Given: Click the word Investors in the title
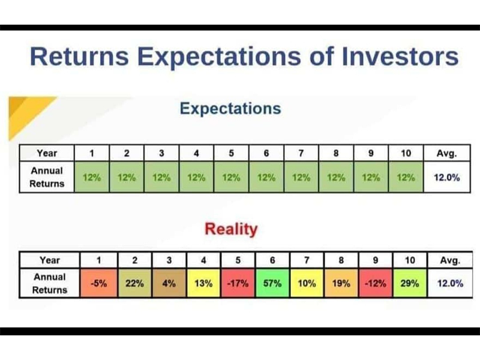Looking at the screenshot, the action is click(400, 56).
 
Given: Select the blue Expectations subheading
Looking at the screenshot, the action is click(230, 109).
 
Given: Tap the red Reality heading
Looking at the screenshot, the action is click(231, 229).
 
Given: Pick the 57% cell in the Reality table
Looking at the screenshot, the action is click(272, 283).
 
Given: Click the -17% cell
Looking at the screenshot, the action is click(238, 283).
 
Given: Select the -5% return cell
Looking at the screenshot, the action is click(98, 283).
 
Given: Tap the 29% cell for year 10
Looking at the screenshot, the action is click(410, 283).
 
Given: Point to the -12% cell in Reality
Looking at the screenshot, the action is click(376, 283).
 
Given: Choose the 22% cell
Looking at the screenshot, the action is click(134, 283).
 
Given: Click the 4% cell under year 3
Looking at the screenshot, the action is click(169, 283).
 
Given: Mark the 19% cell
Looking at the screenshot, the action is click(341, 283).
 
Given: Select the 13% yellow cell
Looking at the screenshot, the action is click(203, 283).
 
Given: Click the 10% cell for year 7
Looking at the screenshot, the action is click(307, 283).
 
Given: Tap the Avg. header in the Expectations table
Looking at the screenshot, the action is click(446, 153).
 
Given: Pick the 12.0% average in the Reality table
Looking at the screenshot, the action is click(450, 283).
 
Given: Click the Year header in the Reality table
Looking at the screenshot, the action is click(50, 260).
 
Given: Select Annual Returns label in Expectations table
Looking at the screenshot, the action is click(47, 177).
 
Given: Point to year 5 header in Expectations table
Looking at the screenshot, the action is click(232, 153).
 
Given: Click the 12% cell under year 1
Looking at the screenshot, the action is click(92, 177).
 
